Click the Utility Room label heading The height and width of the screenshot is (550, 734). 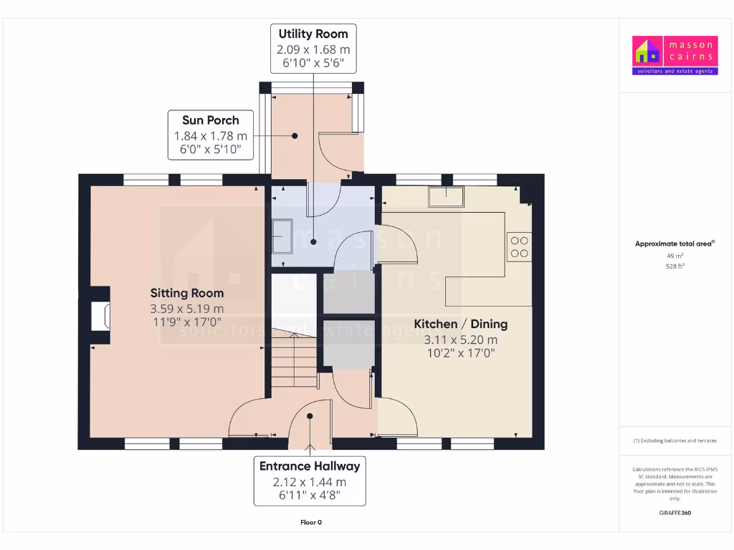click(313, 34)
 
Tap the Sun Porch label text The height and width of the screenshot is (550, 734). click(211, 120)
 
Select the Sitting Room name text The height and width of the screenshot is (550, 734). click(187, 293)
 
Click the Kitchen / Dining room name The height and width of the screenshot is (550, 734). click(465, 324)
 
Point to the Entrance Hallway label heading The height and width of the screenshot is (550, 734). click(310, 466)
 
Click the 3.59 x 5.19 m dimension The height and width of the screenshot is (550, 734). click(187, 309)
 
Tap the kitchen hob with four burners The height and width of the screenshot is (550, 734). click(519, 247)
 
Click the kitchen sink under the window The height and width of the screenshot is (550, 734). click(446, 196)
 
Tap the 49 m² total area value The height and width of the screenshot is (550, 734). click(675, 255)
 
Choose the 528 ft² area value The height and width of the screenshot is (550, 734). click(675, 266)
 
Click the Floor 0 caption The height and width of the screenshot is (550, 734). click(310, 522)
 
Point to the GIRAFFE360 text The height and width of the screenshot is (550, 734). click(675, 513)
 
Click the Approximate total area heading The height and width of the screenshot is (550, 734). click(674, 244)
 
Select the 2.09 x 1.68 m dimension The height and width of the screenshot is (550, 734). click(313, 49)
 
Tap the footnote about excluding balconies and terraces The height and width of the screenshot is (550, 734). click(675, 440)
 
